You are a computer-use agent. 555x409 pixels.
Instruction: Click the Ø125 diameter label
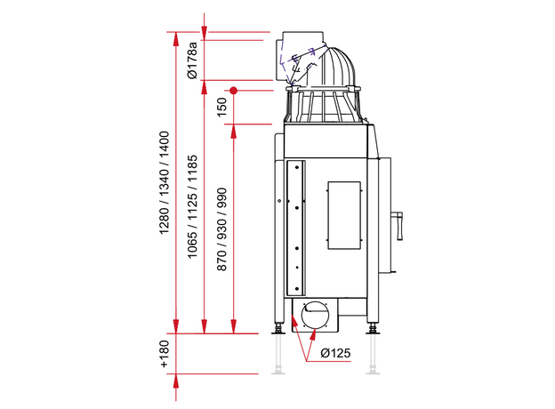tap(335, 353)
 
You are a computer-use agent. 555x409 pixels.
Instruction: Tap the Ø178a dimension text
tap(192, 60)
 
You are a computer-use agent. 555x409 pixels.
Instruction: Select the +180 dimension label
tap(165, 354)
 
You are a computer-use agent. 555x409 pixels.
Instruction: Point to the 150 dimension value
tap(221, 108)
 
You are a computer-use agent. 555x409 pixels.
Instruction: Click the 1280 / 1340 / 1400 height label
tap(165, 182)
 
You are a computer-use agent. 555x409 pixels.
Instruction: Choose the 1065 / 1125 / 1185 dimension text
tap(192, 206)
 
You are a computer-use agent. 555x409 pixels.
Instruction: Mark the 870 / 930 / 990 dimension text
tap(221, 229)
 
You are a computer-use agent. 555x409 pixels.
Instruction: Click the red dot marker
tap(233, 91)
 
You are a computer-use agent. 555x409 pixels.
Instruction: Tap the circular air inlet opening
tap(315, 315)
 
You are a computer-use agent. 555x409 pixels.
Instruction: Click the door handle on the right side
tap(399, 226)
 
